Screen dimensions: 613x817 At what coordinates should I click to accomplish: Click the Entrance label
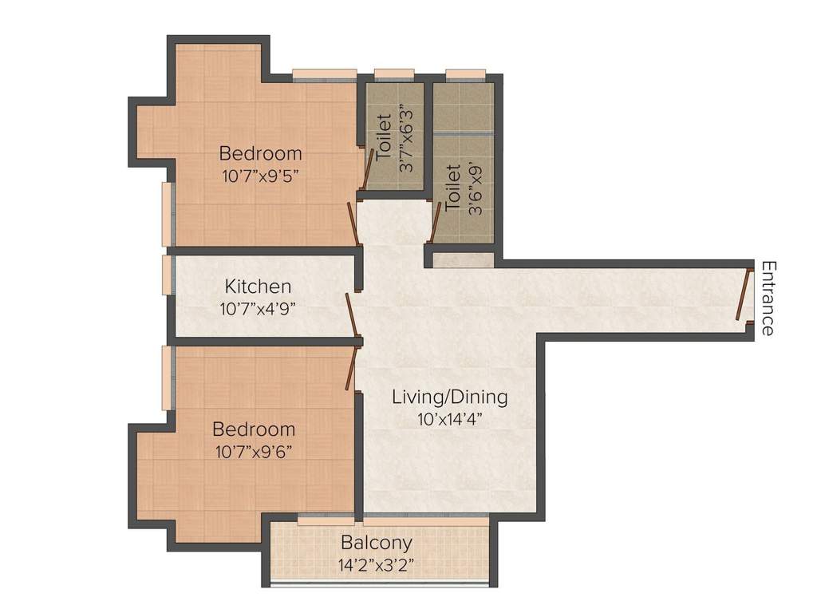[768, 298]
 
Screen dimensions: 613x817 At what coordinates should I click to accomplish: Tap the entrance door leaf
[744, 295]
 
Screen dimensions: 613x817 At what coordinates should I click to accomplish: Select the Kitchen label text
[258, 286]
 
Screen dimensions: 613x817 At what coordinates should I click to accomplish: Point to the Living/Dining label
[449, 397]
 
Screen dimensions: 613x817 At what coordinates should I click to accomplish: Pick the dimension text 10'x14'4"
[449, 418]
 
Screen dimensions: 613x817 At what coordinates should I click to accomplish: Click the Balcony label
[377, 544]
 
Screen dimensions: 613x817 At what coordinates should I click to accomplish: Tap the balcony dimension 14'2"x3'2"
[377, 566]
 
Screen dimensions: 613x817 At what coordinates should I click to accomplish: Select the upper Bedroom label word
[261, 152]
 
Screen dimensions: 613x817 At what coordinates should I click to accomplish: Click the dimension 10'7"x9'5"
[261, 175]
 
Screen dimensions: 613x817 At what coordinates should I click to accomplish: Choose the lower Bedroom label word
[255, 429]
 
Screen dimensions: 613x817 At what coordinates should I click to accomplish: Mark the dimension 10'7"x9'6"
[255, 452]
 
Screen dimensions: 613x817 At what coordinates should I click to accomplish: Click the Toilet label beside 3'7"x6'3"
[385, 137]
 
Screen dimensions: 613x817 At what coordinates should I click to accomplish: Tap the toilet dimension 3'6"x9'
[476, 188]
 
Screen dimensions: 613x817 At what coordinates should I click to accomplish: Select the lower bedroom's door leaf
[350, 370]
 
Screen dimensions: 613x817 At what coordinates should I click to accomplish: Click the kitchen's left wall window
[167, 275]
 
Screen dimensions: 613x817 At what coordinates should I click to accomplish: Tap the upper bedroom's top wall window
[324, 76]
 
